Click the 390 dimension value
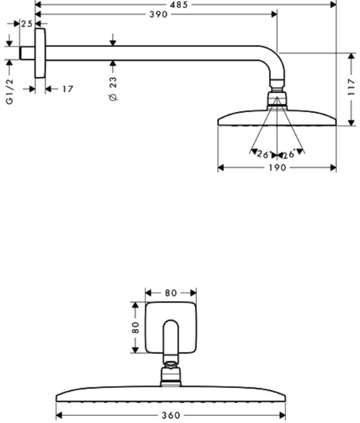pos(159,14)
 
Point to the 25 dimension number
pos(27,24)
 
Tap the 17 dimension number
pos(68,89)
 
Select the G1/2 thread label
pos(10,92)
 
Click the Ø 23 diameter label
pos(113,89)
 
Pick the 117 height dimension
pos(351,87)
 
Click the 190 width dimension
pos(277,168)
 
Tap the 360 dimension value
pos(171,415)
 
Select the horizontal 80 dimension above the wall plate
pos(171,293)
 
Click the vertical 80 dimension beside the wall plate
pos(136,327)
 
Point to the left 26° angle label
pos(264,155)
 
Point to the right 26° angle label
pos(289,154)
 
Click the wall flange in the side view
pos(40,53)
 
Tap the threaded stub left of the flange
pos(27,53)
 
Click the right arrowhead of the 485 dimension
pos(333,5)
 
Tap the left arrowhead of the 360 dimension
pos(59,415)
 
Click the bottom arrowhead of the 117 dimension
pos(351,123)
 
